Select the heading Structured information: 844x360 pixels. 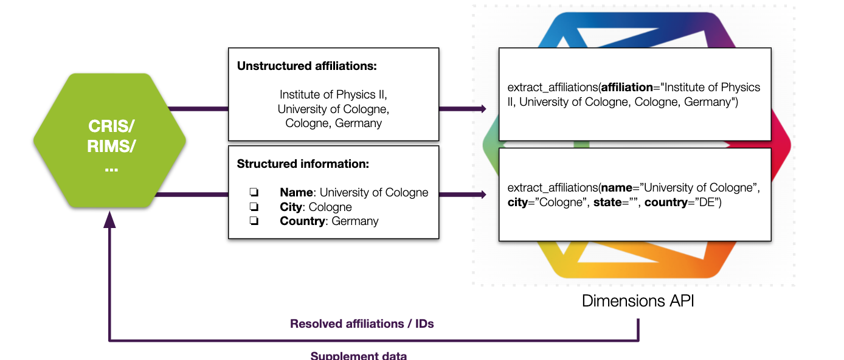pyautogui.click(x=303, y=164)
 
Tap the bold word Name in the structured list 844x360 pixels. pyautogui.click(x=296, y=193)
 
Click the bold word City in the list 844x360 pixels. pyautogui.click(x=291, y=207)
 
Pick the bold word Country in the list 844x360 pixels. pyautogui.click(x=302, y=221)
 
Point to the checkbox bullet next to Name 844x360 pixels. pyautogui.click(x=254, y=193)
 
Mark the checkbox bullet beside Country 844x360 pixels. pyautogui.click(x=254, y=221)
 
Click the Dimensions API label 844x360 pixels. pyautogui.click(x=638, y=300)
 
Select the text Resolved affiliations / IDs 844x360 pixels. pyautogui.click(x=362, y=324)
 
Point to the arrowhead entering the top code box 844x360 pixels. pyautogui.click(x=483, y=109)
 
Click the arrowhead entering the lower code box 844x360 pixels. pyautogui.click(x=483, y=195)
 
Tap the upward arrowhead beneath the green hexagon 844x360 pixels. pyautogui.click(x=109, y=219)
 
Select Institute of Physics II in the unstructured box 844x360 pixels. pyautogui.click(x=333, y=95)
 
